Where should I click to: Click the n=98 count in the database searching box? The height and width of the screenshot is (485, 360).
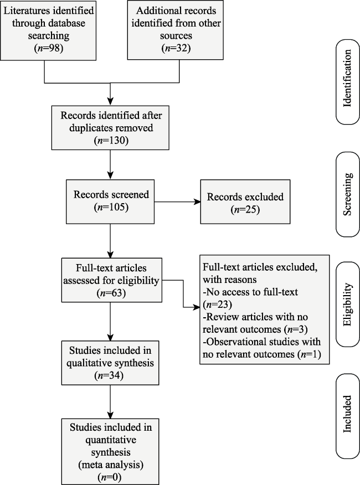coord(49,48)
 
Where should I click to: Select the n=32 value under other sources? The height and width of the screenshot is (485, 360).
coord(176,48)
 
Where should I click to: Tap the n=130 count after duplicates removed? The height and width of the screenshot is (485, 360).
coord(111,141)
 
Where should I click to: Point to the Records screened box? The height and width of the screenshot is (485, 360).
coord(110,202)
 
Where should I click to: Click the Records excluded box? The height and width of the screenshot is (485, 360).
coord(245,202)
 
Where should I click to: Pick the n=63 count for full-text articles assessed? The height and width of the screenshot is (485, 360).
coord(111,293)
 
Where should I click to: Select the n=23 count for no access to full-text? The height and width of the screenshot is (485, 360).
coord(217,305)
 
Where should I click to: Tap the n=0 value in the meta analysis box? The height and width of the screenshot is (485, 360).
coord(109,477)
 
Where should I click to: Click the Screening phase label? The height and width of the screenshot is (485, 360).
coord(347,194)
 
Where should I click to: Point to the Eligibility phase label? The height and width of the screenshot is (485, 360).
coord(347,305)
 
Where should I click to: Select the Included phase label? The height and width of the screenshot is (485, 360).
coord(347,414)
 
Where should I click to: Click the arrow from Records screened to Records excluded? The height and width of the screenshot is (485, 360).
coord(177,202)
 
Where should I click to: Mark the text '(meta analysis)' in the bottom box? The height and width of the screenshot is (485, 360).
coord(111,465)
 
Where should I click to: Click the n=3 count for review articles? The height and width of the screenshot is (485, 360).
coord(296,329)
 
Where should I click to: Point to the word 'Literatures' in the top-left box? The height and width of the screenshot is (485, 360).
coord(26,11)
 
